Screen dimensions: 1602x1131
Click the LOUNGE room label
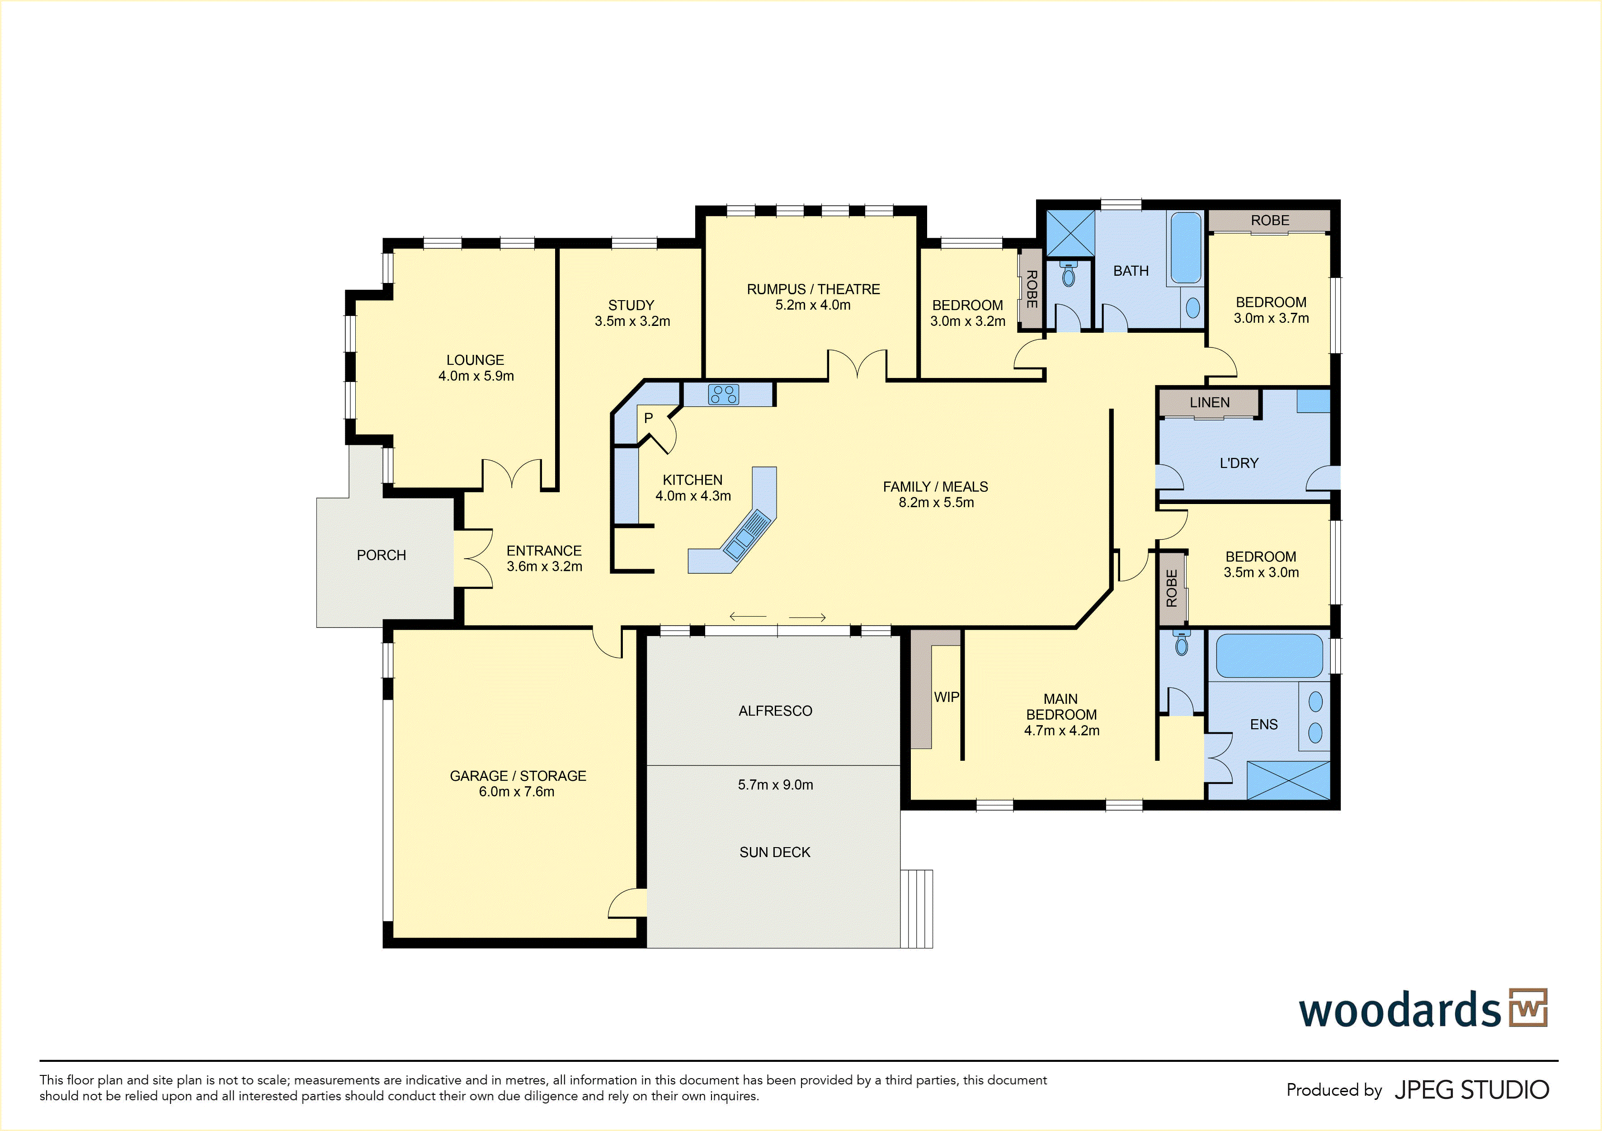point(475,360)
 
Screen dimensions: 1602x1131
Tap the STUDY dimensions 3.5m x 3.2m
point(632,321)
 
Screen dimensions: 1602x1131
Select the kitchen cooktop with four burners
point(724,394)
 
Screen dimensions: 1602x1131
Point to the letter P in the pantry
point(648,418)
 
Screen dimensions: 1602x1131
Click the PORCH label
point(381,555)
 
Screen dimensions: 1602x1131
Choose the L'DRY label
point(1239,462)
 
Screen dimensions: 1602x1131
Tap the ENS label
point(1263,724)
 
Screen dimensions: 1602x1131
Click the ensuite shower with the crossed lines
point(1288,781)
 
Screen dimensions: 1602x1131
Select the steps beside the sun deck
point(916,909)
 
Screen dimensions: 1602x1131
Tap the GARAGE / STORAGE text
point(518,776)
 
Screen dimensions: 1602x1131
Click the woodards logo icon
point(1528,1008)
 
